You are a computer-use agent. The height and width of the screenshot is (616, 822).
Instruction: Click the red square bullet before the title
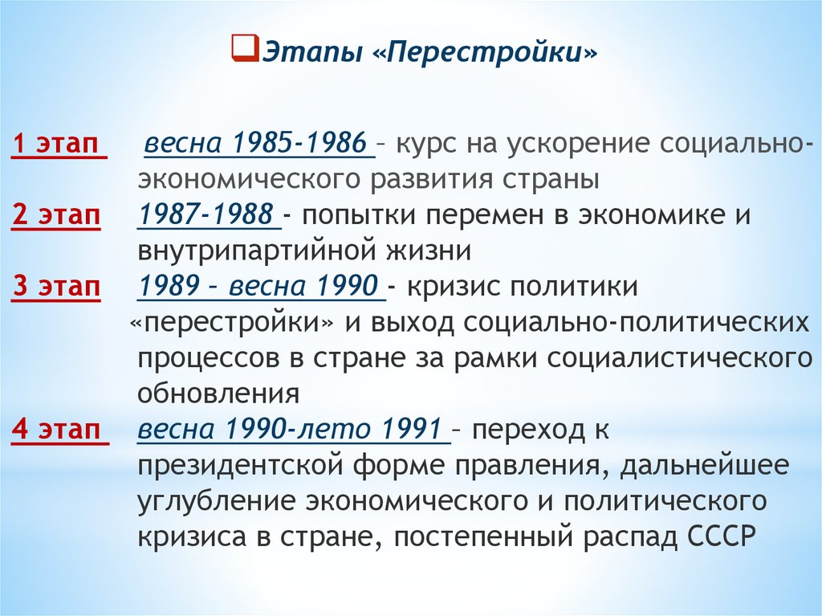245,48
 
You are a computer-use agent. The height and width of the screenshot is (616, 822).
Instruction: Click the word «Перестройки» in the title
486,52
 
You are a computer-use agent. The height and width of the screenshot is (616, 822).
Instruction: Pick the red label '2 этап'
55,215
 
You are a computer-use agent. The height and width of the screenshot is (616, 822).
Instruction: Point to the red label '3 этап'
55,287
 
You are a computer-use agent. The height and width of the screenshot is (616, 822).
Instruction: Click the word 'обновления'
218,394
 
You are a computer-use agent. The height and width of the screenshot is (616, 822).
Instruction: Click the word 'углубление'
217,502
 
